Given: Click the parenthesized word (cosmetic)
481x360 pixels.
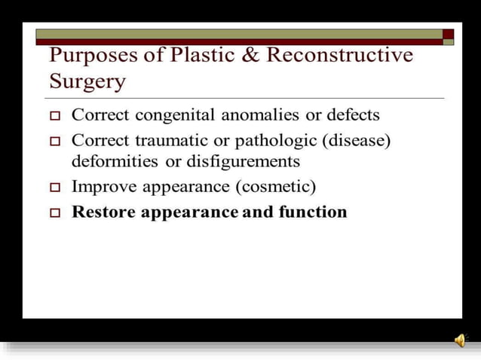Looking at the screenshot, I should pos(273,186).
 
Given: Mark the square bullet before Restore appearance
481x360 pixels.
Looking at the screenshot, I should pos(54,213).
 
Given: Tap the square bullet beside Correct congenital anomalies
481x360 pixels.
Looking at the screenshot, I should pos(54,117).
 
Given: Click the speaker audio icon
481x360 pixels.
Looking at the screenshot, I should pos(460,340).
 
